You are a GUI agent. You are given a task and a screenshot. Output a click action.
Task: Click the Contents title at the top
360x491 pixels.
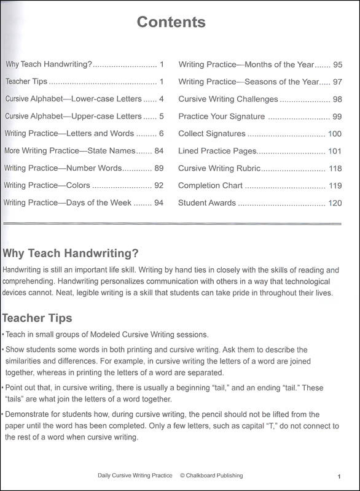(x=171, y=23)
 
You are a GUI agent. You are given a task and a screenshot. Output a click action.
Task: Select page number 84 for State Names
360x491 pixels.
(x=158, y=151)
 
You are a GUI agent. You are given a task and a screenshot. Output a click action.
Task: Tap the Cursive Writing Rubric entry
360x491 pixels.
(x=219, y=168)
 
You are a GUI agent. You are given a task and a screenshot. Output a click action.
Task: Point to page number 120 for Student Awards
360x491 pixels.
(x=335, y=203)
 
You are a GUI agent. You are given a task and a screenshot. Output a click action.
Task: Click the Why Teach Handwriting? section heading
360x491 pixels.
(x=71, y=253)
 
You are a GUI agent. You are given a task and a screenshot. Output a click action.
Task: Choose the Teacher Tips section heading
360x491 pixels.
(x=37, y=318)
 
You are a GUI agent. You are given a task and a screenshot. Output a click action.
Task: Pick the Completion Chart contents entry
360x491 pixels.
(x=211, y=185)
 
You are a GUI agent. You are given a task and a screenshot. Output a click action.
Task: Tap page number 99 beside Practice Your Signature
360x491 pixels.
(x=337, y=117)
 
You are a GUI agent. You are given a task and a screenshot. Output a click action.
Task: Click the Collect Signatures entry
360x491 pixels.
(x=211, y=134)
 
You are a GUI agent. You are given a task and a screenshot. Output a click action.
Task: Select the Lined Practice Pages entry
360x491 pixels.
(x=217, y=151)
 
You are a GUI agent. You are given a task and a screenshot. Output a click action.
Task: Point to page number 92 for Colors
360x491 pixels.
(x=158, y=185)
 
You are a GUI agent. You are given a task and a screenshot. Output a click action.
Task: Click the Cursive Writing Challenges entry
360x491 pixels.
(x=228, y=99)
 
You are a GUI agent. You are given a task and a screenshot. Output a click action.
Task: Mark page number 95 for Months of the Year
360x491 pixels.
(x=337, y=64)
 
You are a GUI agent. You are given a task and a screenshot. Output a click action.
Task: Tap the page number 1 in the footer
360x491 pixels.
(x=338, y=476)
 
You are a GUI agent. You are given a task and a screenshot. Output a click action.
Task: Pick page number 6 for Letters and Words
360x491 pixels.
(x=161, y=134)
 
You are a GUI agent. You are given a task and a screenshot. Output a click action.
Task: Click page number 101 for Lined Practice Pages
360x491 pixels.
(x=335, y=151)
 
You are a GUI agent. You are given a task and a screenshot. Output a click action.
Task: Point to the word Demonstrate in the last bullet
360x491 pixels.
(x=28, y=415)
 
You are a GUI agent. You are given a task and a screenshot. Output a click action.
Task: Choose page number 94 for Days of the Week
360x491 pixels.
(x=158, y=203)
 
